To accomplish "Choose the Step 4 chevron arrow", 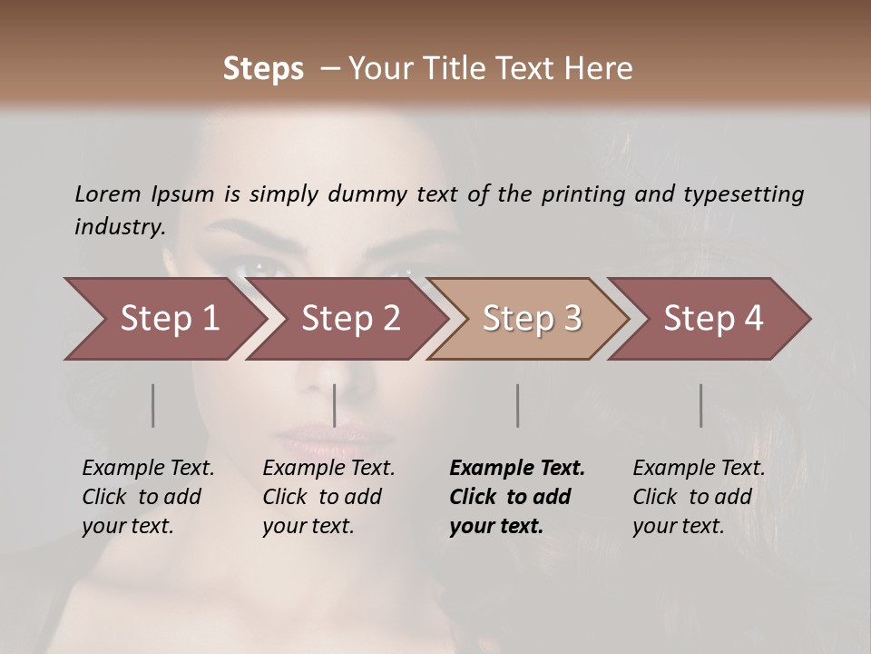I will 713,319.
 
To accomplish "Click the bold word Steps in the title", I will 263,69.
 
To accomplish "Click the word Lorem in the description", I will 107,193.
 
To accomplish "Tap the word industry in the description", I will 119,226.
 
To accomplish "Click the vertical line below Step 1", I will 153,405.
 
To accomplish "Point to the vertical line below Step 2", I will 335,405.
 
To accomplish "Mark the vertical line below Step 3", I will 517,405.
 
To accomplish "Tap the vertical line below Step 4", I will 700,405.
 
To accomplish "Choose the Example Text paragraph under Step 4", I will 699,497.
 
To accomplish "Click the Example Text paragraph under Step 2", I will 328,497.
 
